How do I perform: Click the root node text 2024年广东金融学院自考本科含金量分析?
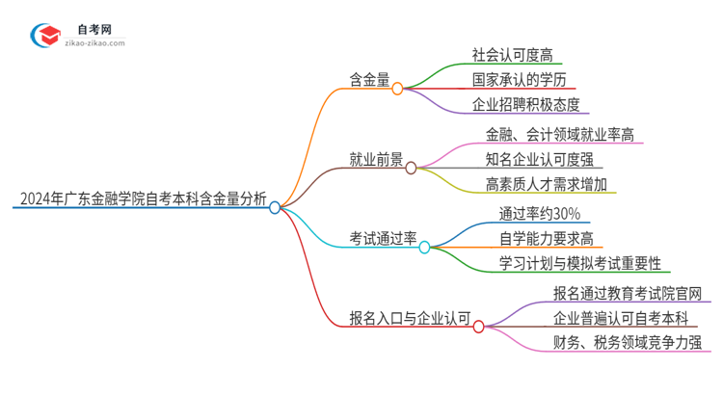pos(143,200)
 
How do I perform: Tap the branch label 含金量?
pos(370,82)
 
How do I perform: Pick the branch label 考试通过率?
pos(383,239)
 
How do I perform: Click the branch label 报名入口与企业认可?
pos(410,318)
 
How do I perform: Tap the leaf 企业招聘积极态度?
pos(525,105)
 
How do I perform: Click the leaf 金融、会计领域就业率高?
pos(560,133)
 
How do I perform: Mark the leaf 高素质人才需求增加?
pos(547,184)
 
